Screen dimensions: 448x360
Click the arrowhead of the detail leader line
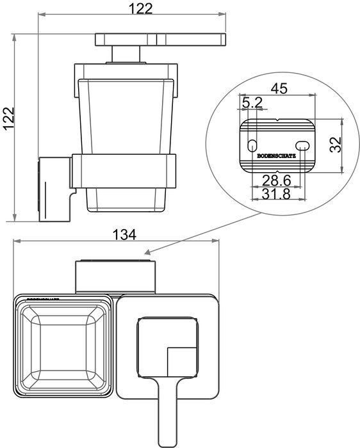[148, 253]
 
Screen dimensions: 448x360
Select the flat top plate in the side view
[160, 40]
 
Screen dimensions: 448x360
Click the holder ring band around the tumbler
[123, 171]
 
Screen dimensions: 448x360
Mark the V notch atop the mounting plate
[277, 120]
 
